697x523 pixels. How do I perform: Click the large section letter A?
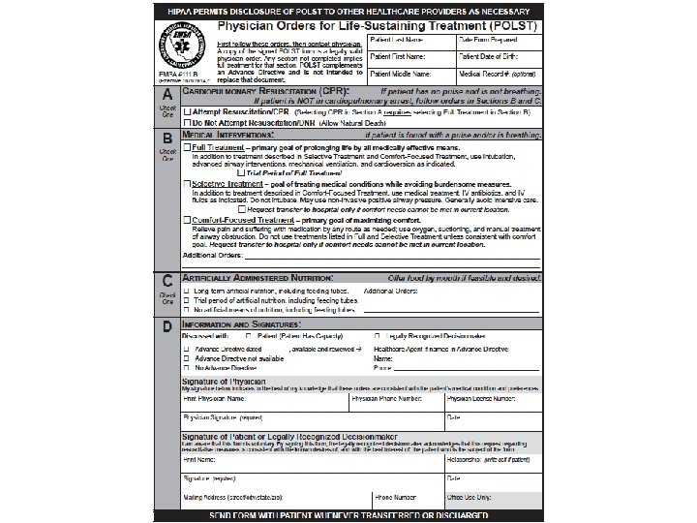168,95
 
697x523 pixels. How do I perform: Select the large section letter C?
168,280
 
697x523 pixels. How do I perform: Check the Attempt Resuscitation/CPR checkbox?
187,113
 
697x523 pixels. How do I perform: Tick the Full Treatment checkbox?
187,147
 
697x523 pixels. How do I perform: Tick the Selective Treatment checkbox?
187,184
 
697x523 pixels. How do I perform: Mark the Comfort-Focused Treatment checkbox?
187,221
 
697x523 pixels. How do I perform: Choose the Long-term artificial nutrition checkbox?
187,291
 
